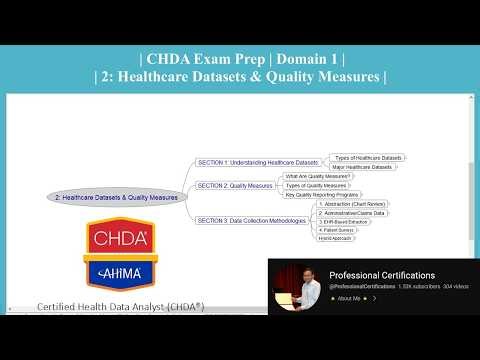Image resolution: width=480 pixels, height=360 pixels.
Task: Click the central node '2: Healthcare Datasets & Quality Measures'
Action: tap(117, 198)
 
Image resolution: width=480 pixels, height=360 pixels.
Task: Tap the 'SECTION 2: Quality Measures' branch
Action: tap(234, 185)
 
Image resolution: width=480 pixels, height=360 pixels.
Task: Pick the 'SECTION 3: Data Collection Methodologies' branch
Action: tap(251, 220)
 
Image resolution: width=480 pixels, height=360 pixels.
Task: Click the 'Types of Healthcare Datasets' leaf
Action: tap(368, 158)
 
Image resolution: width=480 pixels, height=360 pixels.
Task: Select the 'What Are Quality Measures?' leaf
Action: tap(317, 176)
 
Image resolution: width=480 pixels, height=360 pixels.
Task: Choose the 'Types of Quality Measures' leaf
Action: tap(316, 185)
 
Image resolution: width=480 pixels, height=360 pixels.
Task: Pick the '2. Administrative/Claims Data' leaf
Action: tap(352, 213)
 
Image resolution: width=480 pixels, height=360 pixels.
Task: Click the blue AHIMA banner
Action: tap(120, 272)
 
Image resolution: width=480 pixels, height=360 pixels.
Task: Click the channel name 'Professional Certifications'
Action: tap(382, 275)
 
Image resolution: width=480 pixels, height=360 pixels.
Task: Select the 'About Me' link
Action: tap(348, 298)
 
